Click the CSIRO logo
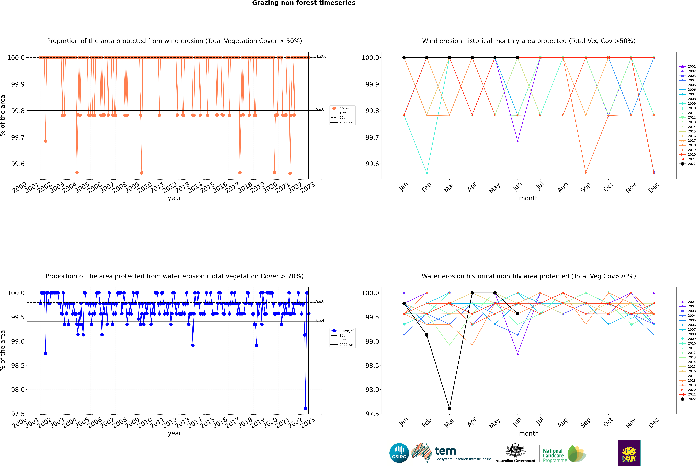pos(399,453)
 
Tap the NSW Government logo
pos(629,453)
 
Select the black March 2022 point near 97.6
pos(449,408)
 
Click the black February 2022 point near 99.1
pos(427,335)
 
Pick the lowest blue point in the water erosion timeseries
pos(306,408)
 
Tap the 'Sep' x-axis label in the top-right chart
pos(585,187)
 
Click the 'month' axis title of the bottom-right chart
pos(529,433)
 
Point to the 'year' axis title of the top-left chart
pos(174,198)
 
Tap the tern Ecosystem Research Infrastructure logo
pos(451,453)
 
